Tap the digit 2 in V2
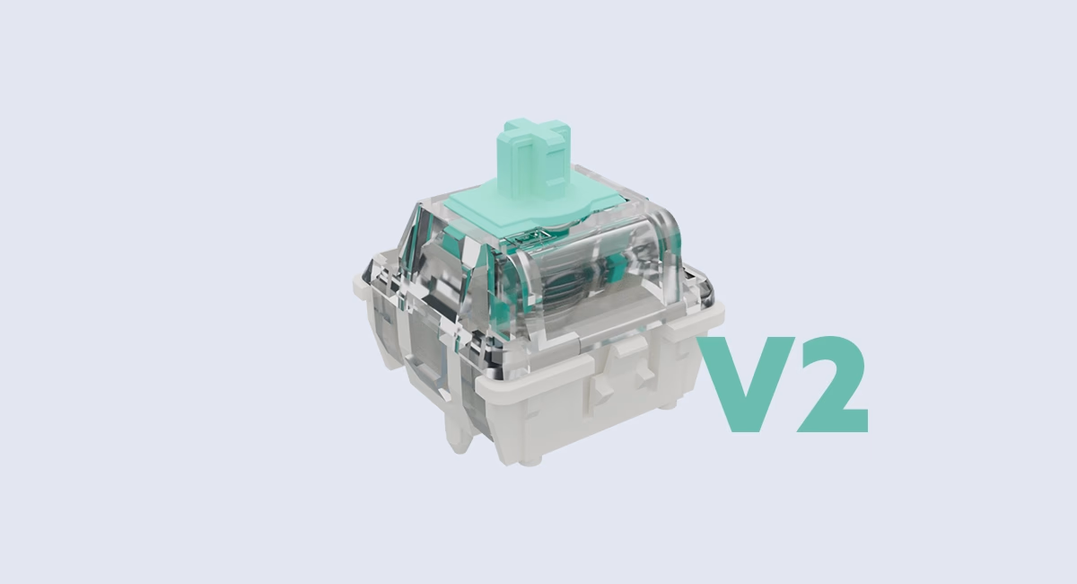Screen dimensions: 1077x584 point(834,383)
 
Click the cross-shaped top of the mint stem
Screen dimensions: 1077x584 point(537,131)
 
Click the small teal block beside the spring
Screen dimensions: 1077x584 point(614,272)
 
